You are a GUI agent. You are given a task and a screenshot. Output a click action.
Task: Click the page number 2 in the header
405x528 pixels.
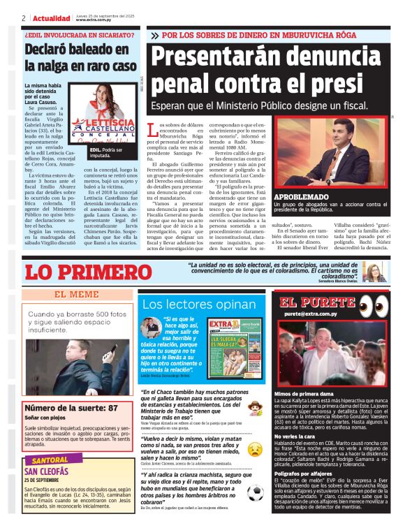point(24,18)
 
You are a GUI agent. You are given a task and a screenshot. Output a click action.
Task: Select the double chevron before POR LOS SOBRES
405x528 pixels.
point(154,34)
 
